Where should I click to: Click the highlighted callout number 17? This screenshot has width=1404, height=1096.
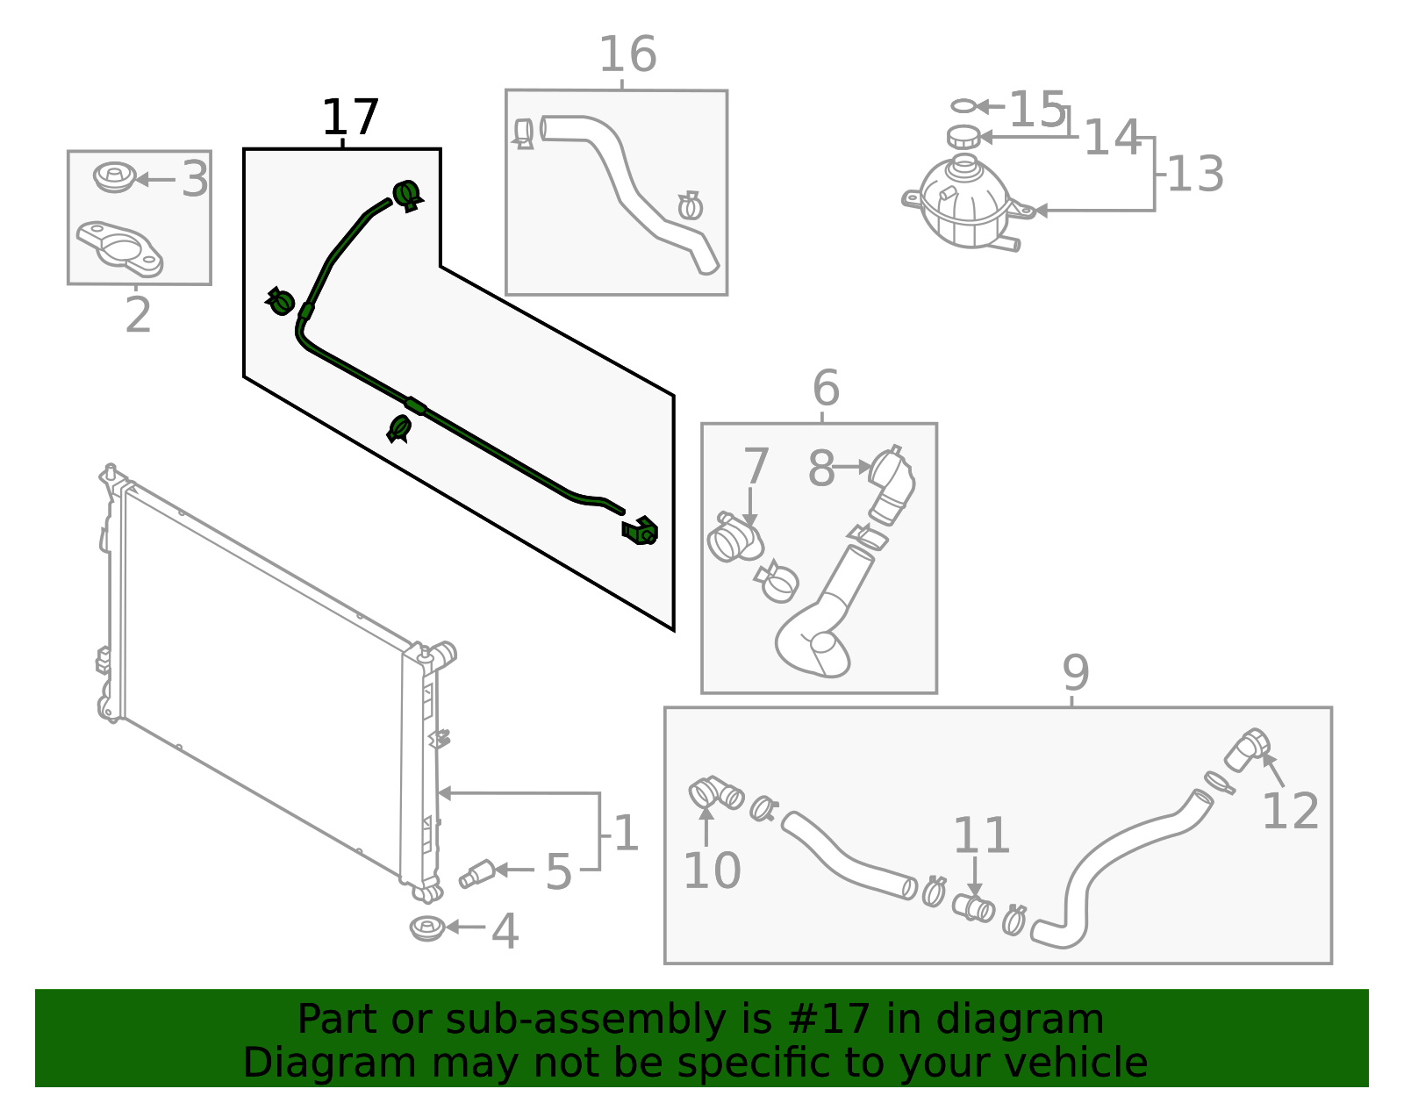(x=350, y=118)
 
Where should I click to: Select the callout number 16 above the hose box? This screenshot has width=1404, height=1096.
(x=627, y=55)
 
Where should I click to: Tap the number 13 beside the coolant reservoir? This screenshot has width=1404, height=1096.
(x=1195, y=174)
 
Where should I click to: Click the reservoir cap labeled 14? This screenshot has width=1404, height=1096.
(x=963, y=137)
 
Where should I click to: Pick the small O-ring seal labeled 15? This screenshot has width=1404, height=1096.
(x=963, y=106)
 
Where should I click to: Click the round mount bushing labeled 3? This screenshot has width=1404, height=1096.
(x=113, y=177)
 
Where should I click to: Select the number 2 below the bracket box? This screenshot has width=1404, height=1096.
(x=138, y=315)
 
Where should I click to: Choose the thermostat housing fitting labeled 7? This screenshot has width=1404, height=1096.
(x=734, y=538)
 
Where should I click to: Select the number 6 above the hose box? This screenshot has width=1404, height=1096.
(x=826, y=387)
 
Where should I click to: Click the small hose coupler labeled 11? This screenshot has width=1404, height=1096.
(x=973, y=907)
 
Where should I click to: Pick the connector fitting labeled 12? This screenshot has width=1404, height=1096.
(x=1245, y=749)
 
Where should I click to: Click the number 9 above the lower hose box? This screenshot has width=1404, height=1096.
(x=1075, y=673)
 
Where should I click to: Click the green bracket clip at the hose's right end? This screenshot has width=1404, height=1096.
(x=641, y=530)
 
